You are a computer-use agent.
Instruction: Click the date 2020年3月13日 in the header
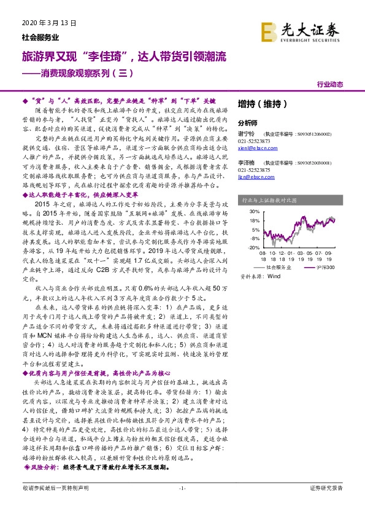click(44, 24)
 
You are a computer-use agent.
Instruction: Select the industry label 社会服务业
click(31, 37)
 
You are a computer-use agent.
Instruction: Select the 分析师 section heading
click(249, 122)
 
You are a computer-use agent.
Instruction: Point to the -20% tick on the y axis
click(252, 247)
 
